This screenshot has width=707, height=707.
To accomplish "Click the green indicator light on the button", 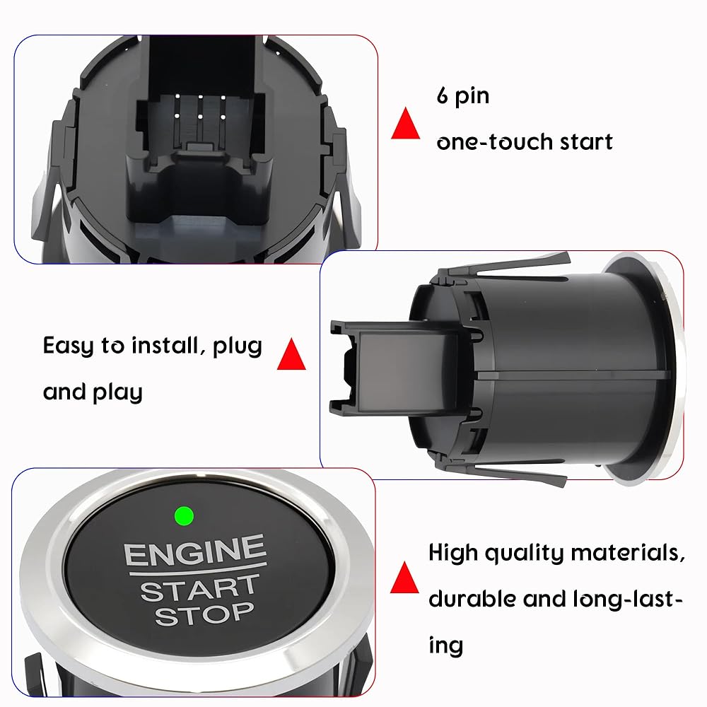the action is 184,516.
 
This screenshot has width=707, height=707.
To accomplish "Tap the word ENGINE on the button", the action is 195,551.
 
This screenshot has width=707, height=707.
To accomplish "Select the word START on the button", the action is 200,588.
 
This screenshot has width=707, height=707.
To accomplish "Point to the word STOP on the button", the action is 204,614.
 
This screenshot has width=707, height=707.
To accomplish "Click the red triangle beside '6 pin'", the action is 405,123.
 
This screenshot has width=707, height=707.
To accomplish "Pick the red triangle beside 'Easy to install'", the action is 291,354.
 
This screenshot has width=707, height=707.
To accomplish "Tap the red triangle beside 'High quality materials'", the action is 404,578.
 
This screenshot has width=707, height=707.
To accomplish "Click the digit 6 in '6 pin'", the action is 443,95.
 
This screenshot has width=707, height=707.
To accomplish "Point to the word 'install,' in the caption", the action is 165,346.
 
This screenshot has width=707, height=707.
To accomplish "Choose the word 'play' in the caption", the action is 117,393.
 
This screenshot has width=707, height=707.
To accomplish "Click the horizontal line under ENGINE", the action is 198,568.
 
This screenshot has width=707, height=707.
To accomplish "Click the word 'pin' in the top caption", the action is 472,98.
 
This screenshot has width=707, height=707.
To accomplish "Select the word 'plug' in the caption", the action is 237,347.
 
